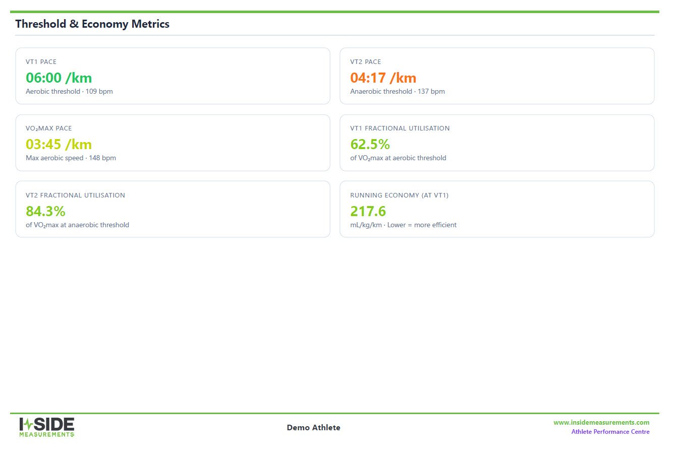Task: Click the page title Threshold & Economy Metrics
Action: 92,24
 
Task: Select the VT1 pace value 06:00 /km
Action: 59,78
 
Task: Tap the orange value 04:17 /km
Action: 383,78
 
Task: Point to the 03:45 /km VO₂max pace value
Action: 59,145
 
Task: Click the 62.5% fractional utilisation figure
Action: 370,145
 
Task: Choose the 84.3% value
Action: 45,212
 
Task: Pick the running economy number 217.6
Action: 368,212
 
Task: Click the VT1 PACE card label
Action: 41,62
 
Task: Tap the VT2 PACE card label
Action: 366,62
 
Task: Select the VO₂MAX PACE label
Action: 49,128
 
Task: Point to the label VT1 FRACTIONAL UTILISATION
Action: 400,128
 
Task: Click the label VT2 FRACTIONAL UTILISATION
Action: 75,195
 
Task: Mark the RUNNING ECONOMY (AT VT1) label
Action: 399,195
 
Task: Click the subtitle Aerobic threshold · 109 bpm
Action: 69,91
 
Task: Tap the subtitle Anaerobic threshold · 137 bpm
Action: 398,91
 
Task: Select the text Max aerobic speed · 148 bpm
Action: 71,158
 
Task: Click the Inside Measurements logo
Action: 47,427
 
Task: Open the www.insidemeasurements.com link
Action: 601,423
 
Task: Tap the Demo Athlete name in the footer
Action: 314,428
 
